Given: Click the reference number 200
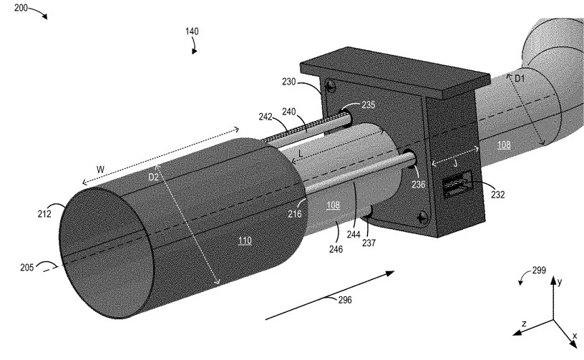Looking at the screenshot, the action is coord(21,7).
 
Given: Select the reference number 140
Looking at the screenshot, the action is coord(193,31).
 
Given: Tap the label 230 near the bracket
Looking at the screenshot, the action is coord(288,82).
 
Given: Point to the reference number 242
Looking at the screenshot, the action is coord(266,117).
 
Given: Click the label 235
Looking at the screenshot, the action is coord(369,105).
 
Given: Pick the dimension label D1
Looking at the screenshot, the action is coord(520,79).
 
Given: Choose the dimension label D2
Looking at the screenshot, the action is coord(153,177).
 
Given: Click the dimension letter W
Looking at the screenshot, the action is coord(101,170).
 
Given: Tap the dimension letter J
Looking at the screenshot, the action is coord(455,163).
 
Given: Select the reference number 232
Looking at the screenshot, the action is coord(498,195).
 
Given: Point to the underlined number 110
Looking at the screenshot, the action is coord(245,241).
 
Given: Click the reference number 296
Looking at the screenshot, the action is coord(345,300).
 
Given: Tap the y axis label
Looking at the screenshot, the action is coord(560,281).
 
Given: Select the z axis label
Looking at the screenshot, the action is coord(524,323).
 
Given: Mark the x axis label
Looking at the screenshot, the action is coord(575,336).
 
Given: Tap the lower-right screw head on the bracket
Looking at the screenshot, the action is coord(422,217).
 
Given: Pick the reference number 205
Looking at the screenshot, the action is coord(26,267).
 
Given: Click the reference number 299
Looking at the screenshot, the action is coord(539,271).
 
